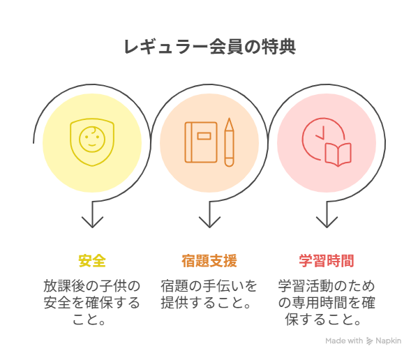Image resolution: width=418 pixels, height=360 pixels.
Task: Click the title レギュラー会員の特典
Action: point(210,47)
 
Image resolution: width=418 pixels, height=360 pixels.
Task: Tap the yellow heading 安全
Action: point(92,261)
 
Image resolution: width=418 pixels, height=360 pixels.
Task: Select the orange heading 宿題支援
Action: point(209,261)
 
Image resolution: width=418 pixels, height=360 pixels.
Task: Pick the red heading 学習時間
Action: point(327,261)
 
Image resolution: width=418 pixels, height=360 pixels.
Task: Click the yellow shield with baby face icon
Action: point(92,142)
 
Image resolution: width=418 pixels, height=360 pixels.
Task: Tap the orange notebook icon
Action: point(201,142)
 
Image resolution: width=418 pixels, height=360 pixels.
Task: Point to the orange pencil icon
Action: point(229,142)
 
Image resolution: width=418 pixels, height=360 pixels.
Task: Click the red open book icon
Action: point(338,154)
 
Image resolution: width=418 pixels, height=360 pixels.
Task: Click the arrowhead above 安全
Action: point(92,223)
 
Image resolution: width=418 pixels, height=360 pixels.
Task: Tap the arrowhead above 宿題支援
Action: point(209,223)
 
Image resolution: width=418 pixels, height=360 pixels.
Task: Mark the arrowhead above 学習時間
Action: point(327,223)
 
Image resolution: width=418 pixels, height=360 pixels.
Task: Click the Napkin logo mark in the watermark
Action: point(369,341)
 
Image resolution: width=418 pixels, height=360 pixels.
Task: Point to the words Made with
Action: point(344,341)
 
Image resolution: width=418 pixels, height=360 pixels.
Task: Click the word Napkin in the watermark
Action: point(388,341)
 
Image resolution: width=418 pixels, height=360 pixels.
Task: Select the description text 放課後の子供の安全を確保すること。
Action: point(92,303)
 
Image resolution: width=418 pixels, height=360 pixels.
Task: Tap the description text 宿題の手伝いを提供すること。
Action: point(209,294)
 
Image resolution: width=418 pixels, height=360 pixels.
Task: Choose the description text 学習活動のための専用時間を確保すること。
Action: point(327,303)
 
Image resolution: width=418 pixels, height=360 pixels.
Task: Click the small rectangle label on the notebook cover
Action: point(204,136)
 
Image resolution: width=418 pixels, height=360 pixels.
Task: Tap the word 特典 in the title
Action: point(278,47)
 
